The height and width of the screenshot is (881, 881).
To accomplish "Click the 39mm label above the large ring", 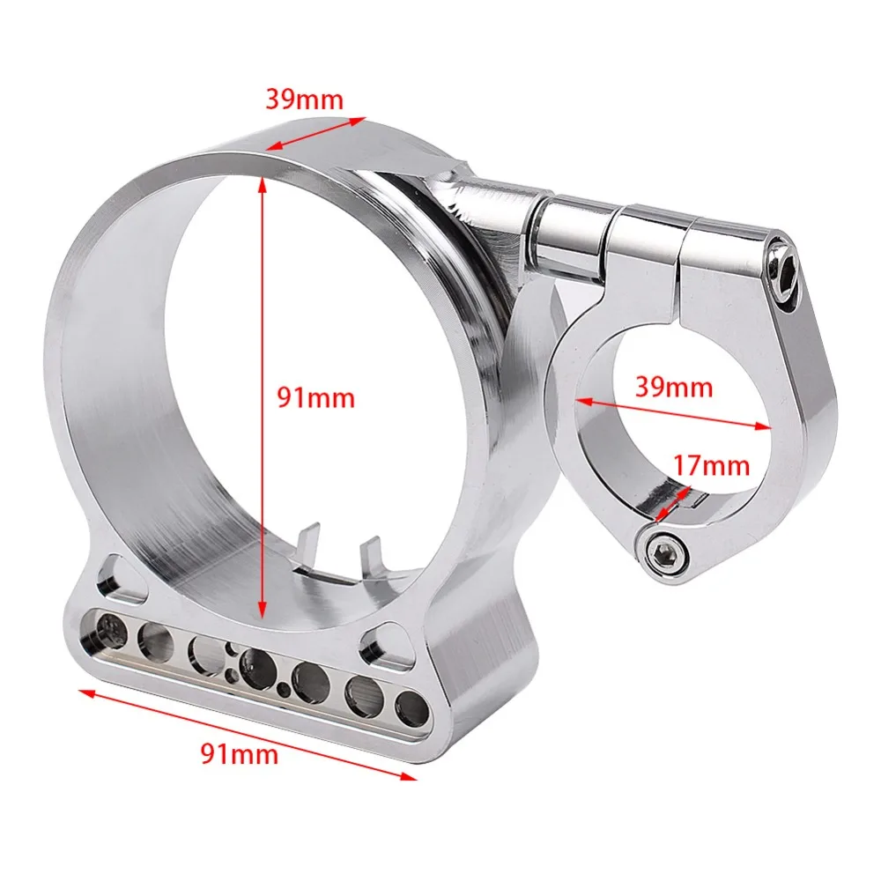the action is [x=304, y=100].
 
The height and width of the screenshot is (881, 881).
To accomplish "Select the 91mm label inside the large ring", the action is [x=316, y=398].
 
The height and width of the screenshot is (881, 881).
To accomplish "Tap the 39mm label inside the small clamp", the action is [x=674, y=388].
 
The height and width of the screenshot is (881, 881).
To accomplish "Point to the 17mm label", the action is [x=711, y=466].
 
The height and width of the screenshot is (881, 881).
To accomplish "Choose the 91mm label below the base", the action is [x=240, y=753].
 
